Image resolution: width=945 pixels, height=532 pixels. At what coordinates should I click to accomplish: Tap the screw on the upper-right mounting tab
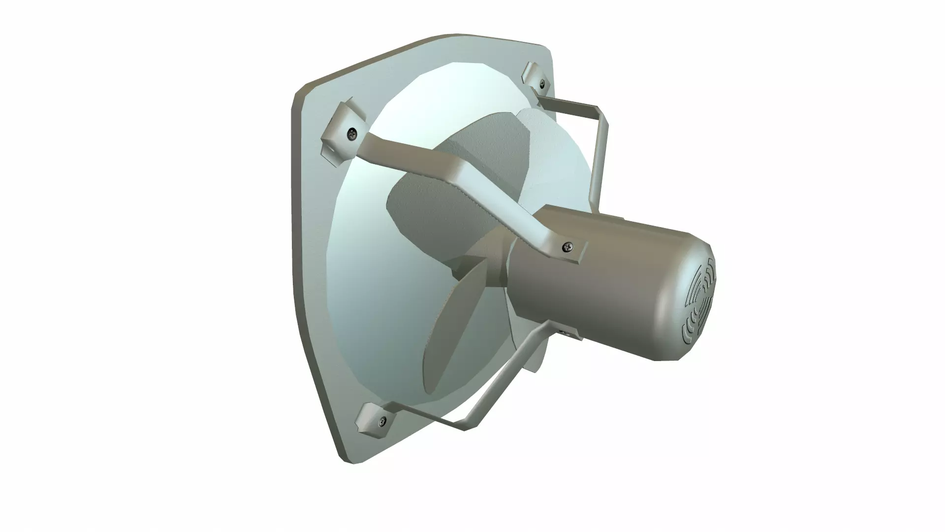point(543,83)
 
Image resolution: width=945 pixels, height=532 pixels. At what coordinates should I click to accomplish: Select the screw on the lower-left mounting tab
point(382,421)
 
